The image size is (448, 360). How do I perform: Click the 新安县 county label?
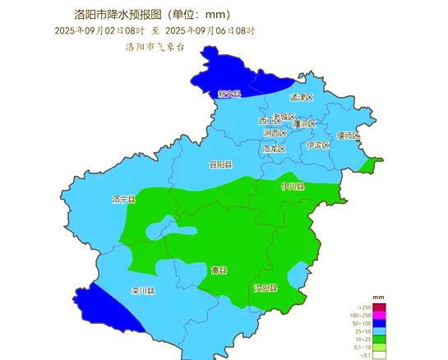click(x=229, y=95)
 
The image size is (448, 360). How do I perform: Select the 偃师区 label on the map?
click(x=348, y=136)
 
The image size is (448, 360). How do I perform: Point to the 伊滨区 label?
click(x=317, y=145)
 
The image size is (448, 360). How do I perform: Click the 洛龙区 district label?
click(x=274, y=149)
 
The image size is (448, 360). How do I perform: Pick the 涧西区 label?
click(x=275, y=133)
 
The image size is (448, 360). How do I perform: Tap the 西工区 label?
click(x=270, y=121)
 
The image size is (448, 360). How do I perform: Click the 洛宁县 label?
click(x=123, y=200)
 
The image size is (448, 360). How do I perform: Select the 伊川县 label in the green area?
click(x=293, y=187)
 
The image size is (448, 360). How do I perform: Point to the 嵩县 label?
click(x=219, y=270)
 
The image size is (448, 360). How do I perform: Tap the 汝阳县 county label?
click(x=265, y=288)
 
